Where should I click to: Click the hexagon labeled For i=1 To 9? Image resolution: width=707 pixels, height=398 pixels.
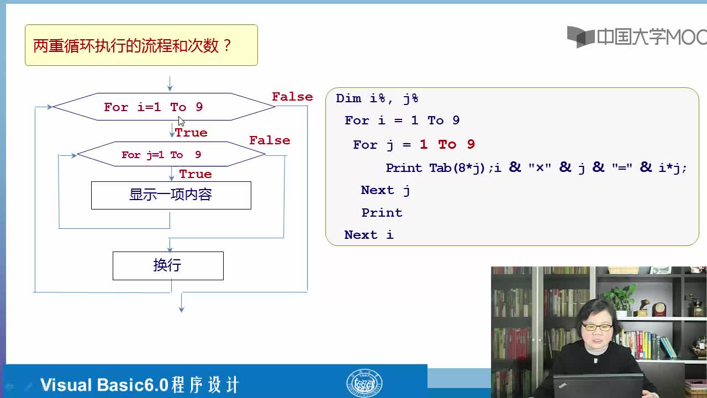tap(164, 107)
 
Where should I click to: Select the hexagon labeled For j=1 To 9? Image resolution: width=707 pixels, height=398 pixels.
tap(171, 154)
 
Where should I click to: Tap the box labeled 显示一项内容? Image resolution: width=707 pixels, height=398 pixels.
tap(171, 195)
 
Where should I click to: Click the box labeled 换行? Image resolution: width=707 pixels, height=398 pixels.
tap(168, 266)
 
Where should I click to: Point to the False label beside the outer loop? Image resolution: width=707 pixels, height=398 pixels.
tap(292, 97)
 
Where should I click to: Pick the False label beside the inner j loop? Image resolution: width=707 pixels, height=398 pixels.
tap(270, 140)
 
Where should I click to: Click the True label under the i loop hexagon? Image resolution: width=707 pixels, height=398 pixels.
tap(191, 133)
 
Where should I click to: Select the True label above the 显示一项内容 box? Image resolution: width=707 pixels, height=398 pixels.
tap(196, 174)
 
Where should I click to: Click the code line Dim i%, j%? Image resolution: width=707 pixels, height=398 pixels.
tap(377, 98)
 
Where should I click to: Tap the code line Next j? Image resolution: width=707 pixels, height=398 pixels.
tap(386, 191)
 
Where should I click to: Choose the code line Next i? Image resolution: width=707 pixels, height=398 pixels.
tap(368, 235)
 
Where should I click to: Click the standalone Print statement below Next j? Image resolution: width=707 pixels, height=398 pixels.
tap(382, 213)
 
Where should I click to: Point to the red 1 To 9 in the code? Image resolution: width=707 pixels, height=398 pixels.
tap(447, 145)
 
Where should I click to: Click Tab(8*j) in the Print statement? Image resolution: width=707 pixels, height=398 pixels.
tap(457, 167)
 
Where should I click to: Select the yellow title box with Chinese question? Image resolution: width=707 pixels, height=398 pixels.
tap(141, 45)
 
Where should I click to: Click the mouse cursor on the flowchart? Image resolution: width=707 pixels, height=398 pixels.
tap(181, 121)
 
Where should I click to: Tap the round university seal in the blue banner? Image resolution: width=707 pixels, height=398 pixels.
tap(364, 384)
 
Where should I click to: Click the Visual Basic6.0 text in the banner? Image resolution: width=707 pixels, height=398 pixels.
tap(104, 385)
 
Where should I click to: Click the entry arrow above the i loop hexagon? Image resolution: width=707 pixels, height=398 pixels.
tap(170, 83)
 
